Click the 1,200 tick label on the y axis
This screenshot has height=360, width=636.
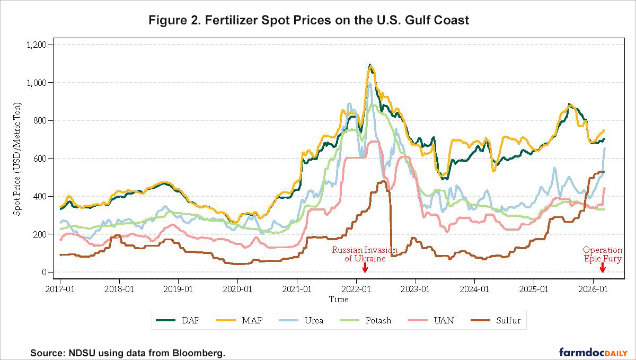pos(36,45)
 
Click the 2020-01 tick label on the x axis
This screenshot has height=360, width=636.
pos(238,289)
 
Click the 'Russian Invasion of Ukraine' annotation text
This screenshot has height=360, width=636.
pos(364,254)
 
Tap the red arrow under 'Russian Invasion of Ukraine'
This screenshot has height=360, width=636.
pos(365,267)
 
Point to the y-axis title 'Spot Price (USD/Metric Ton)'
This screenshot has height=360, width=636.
pos(18,159)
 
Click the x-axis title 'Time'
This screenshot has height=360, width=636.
pos(339,300)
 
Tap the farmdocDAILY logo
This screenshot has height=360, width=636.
pos(594,352)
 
